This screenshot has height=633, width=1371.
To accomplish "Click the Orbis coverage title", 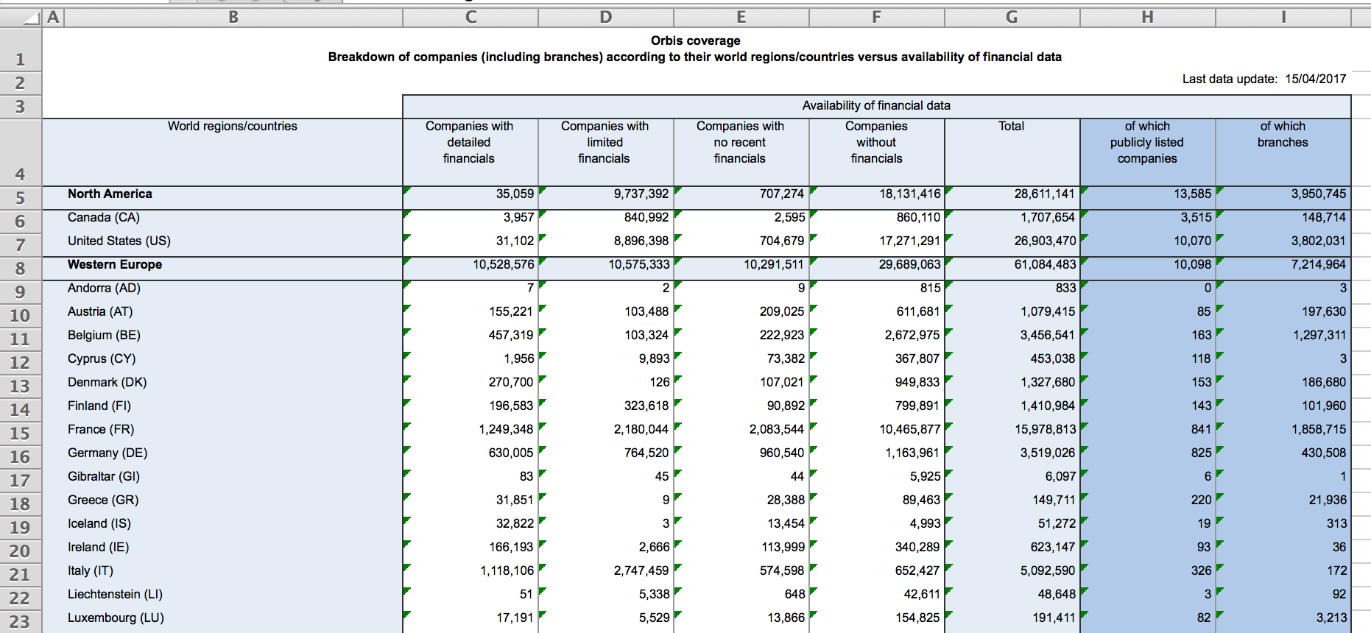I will coord(695,40).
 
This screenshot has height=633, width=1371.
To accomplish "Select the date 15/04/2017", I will coord(1315,79).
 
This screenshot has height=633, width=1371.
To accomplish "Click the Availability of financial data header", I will coord(876,105).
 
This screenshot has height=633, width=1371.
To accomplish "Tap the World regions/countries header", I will coord(232,126).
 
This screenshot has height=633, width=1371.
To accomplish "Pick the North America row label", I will coord(110,194).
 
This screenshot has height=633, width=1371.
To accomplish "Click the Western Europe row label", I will coord(115,264).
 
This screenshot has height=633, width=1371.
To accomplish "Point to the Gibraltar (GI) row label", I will coord(104,476).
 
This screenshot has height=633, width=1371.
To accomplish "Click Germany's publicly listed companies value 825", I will coord(1201,453).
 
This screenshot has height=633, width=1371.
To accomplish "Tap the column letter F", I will coord(876,17).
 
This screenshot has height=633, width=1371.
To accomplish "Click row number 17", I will coord(20,481).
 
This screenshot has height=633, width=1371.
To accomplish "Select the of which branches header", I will coord(1283,134).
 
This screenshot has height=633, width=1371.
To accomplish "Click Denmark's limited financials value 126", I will coord(660,382).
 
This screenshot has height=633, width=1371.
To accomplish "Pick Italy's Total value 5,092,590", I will coord(1047,570).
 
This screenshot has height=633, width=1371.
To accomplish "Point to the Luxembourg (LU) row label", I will coord(116,618).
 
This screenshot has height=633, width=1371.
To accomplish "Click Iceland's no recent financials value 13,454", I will coord(786,523).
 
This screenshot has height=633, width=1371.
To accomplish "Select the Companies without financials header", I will coord(876,142).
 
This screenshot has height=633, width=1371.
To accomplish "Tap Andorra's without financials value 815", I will coord(930,288).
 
